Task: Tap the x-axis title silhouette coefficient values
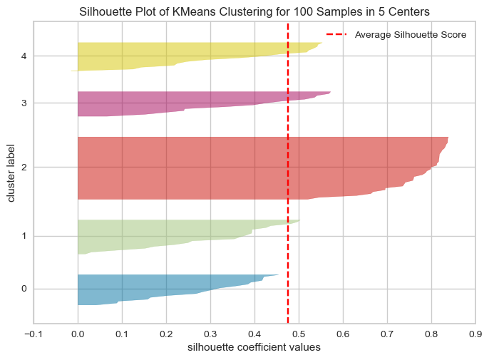tap(254, 348)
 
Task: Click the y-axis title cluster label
tap(11, 173)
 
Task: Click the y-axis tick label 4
tap(24, 56)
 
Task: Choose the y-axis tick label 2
tap(24, 168)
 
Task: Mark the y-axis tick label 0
tap(24, 289)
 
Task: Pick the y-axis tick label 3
tap(24, 103)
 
